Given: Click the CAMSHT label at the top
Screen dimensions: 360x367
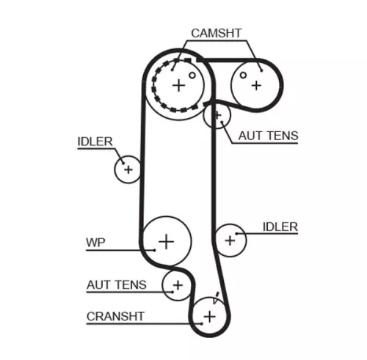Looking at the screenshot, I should (x=216, y=33).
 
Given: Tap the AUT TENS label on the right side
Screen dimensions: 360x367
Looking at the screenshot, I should (x=268, y=136).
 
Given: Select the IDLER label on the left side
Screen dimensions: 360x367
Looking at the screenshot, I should (x=95, y=142).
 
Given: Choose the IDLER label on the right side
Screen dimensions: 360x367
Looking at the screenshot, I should (x=280, y=227).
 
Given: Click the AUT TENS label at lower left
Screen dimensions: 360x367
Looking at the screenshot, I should (x=116, y=284).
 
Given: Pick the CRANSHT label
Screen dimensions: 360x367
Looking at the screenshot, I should (x=115, y=317).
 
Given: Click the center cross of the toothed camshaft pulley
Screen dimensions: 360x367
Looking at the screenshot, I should (x=178, y=85).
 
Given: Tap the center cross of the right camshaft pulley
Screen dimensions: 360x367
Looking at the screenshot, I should (x=255, y=84).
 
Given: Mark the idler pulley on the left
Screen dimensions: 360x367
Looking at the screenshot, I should (x=128, y=169).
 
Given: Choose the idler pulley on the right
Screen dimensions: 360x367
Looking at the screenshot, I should (x=230, y=239).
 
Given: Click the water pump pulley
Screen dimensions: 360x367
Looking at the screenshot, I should (x=167, y=240).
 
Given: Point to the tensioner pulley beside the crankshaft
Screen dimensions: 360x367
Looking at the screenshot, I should (x=177, y=285).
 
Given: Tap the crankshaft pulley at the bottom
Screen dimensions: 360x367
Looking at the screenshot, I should (x=209, y=316).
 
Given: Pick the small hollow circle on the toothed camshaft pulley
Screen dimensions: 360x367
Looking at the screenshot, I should (x=192, y=75).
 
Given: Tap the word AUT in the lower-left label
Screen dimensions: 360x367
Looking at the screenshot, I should (x=100, y=284).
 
